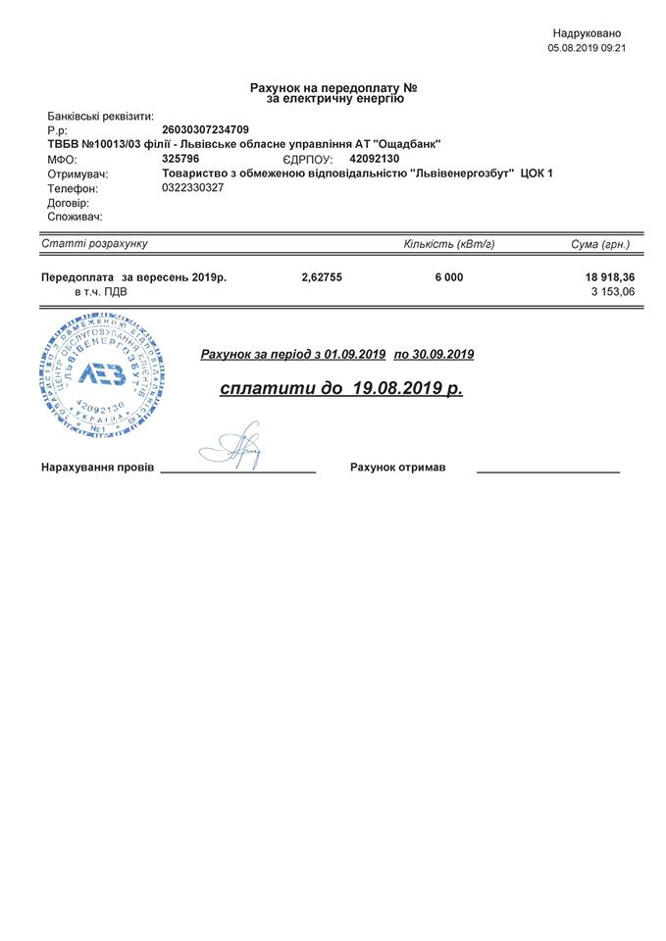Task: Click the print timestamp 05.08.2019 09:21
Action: [x=587, y=47]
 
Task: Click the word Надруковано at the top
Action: [x=587, y=33]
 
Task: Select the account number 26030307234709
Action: [x=205, y=129]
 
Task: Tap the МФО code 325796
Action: [x=180, y=158]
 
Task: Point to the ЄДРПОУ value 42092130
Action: [x=375, y=158]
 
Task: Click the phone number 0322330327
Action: [x=192, y=187]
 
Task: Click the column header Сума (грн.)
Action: [x=600, y=243]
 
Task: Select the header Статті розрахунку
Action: [x=94, y=243]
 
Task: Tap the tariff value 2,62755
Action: [x=322, y=277]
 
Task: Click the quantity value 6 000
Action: [x=449, y=277]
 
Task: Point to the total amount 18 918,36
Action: [x=609, y=277]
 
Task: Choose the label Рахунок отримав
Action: [x=397, y=468]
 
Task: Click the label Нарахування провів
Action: [x=97, y=468]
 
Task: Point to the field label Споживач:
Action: [x=75, y=217]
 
